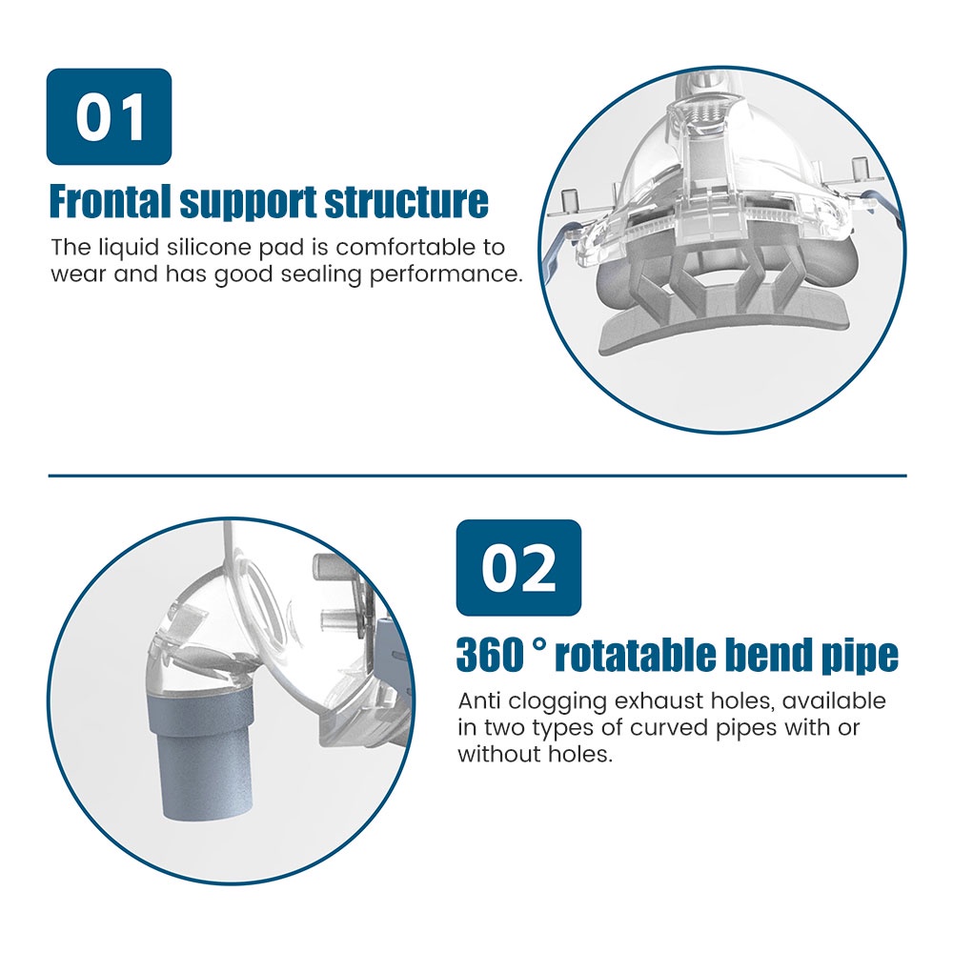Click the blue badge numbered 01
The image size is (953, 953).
(109, 116)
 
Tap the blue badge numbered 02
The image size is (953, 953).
(518, 568)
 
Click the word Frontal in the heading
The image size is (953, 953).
(110, 201)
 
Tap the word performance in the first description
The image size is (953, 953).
(446, 275)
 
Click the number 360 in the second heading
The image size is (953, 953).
(490, 656)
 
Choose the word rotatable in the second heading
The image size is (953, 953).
(636, 656)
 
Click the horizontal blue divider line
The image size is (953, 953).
(477, 476)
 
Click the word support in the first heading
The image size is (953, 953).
(248, 202)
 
